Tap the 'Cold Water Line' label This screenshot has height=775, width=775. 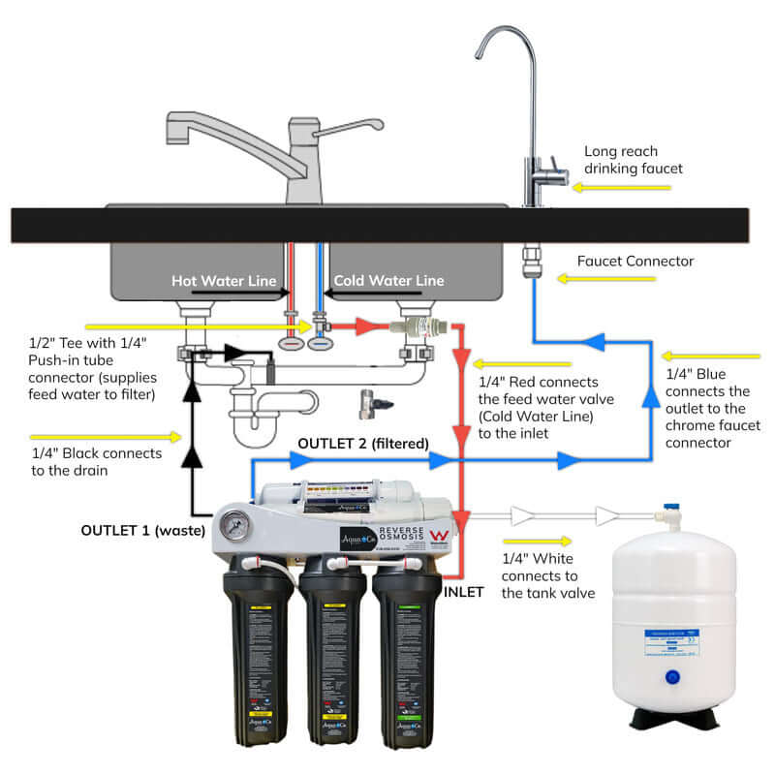click(388, 280)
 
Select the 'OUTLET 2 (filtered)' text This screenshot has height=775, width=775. click(362, 444)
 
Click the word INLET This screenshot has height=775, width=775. click(463, 592)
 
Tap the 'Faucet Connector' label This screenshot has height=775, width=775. click(635, 261)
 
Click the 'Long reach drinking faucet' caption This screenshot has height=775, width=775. click(633, 160)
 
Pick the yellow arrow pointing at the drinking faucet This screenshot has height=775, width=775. click(593, 187)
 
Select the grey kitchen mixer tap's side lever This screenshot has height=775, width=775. click(352, 127)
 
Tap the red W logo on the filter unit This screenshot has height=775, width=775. click(438, 535)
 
